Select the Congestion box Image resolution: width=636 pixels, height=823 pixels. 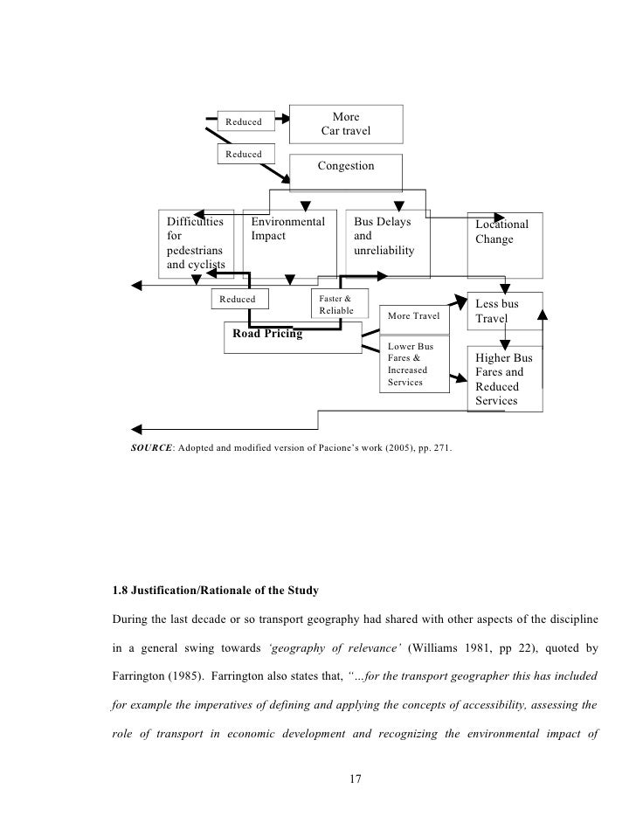345,166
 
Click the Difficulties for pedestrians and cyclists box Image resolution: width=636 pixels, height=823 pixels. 196,244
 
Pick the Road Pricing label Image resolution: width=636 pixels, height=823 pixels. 267,334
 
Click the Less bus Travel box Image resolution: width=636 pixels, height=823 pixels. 506,311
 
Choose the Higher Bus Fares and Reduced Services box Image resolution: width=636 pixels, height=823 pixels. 506,379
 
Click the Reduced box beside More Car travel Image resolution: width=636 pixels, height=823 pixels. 245,121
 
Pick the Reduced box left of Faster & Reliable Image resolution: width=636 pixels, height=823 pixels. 238,299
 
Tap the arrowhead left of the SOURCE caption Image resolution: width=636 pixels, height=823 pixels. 136,429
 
